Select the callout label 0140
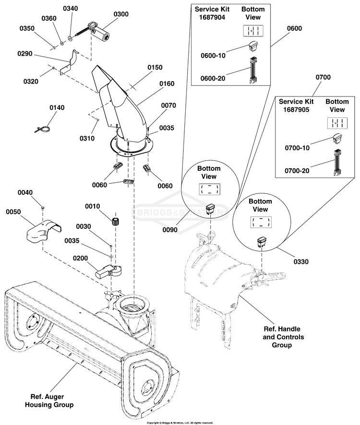pyautogui.click(x=56, y=108)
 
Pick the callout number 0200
pyautogui.click(x=81, y=258)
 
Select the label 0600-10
pyautogui.click(x=213, y=56)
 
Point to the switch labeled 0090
pyautogui.click(x=211, y=209)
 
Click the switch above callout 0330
pyautogui.click(x=262, y=242)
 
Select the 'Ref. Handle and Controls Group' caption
pyautogui.click(x=282, y=337)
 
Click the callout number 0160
pyautogui.click(x=167, y=83)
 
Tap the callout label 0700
pyautogui.click(x=323, y=77)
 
